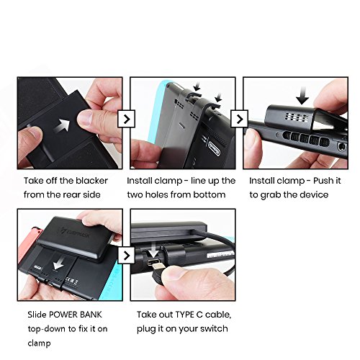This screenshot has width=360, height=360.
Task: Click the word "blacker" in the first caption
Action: click(x=92, y=181)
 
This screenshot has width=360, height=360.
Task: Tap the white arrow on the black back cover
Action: click(x=63, y=125)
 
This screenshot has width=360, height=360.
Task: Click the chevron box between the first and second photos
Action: click(x=127, y=119)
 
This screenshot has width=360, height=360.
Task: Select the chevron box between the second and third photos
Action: click(x=239, y=119)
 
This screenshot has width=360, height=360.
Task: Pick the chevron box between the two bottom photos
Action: click(x=127, y=255)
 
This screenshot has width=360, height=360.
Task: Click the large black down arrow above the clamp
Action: click(x=302, y=96)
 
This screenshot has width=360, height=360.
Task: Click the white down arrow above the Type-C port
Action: click(x=153, y=250)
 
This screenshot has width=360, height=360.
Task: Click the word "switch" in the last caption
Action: click(x=214, y=328)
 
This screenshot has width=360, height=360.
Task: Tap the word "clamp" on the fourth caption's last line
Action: click(x=39, y=343)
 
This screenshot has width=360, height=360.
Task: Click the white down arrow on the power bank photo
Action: click(x=58, y=263)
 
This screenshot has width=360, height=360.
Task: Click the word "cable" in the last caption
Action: click(x=218, y=315)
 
